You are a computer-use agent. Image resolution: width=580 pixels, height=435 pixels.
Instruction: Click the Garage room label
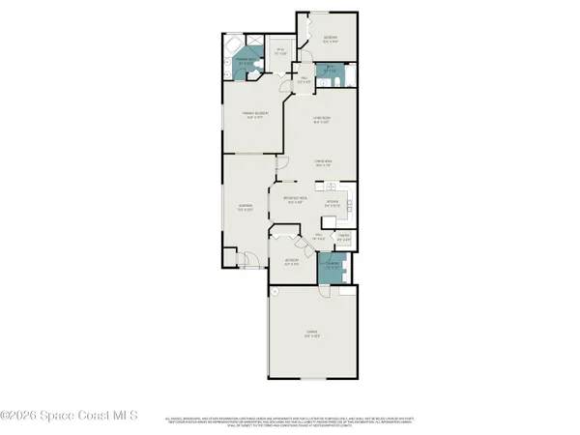(311, 332)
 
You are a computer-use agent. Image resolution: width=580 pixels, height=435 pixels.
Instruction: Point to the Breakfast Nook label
(293, 201)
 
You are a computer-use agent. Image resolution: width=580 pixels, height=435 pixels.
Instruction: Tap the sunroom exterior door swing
(246, 260)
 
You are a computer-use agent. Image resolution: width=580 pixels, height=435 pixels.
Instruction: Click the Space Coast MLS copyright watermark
(70, 416)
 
